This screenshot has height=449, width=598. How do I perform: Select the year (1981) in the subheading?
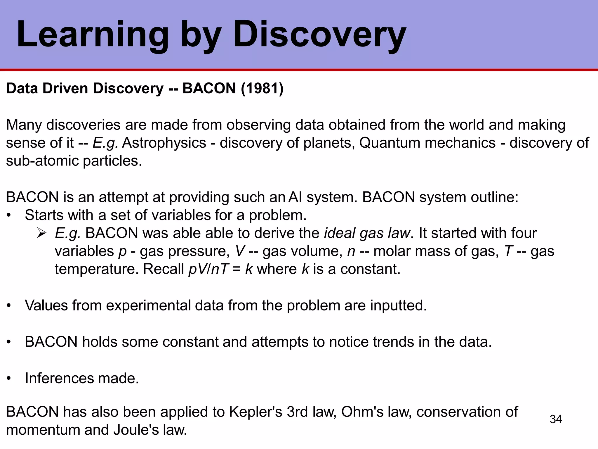click(262, 89)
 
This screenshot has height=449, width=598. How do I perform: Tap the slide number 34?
click(556, 419)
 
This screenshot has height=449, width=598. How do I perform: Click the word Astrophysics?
click(164, 143)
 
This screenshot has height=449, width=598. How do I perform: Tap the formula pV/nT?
click(208, 269)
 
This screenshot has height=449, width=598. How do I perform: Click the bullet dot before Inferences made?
click(9, 379)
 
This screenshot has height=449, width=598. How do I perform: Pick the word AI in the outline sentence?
click(295, 197)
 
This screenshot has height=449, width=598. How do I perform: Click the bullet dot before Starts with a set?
click(9, 215)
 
